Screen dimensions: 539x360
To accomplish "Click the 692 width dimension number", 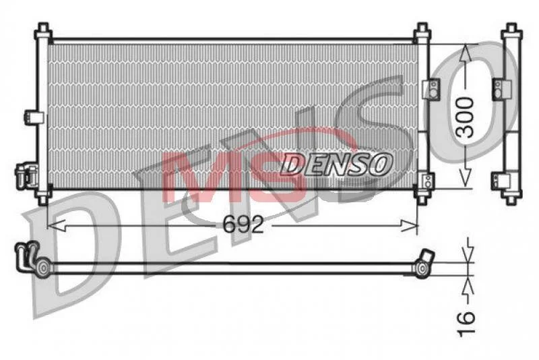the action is (243, 224).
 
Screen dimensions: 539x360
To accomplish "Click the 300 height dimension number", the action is (466, 117).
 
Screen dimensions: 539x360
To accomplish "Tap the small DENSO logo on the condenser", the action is (336, 164).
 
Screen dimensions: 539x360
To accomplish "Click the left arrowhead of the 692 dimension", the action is (56, 226).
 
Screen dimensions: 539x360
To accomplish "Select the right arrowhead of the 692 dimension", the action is (409, 226).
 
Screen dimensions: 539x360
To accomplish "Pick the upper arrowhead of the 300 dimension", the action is (465, 53).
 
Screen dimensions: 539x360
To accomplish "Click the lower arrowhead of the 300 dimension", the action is (465, 179).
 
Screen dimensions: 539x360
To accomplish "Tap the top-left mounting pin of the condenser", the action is (43, 30).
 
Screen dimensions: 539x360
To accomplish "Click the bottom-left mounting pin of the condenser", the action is (43, 198).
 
